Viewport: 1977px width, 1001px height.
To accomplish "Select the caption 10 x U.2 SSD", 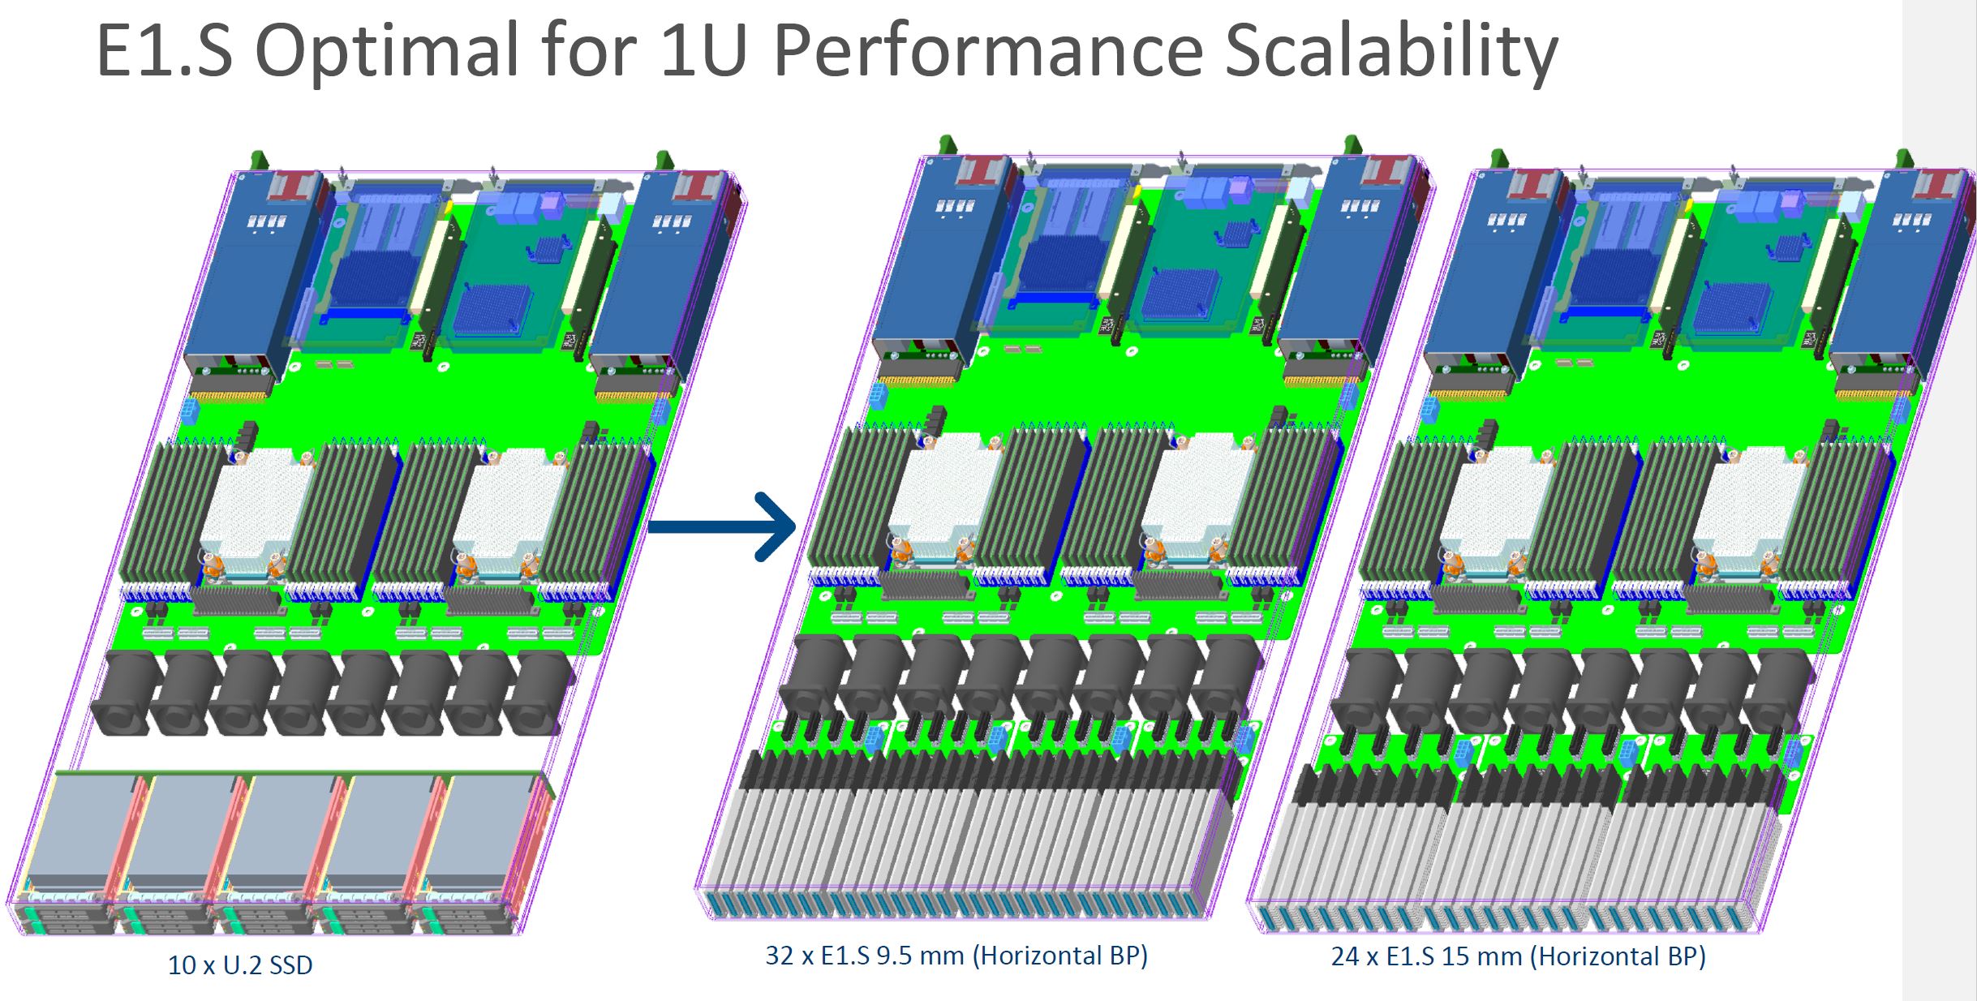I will pyautogui.click(x=240, y=965).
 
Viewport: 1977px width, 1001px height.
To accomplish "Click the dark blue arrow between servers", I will pyautogui.click(x=722, y=526).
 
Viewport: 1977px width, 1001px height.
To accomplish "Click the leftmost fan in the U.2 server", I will pyautogui.click(x=123, y=694).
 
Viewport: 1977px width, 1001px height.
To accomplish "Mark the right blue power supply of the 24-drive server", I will pyautogui.click(x=1890, y=276).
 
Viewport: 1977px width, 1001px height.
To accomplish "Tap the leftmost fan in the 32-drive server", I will pyautogui.click(x=811, y=677).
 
